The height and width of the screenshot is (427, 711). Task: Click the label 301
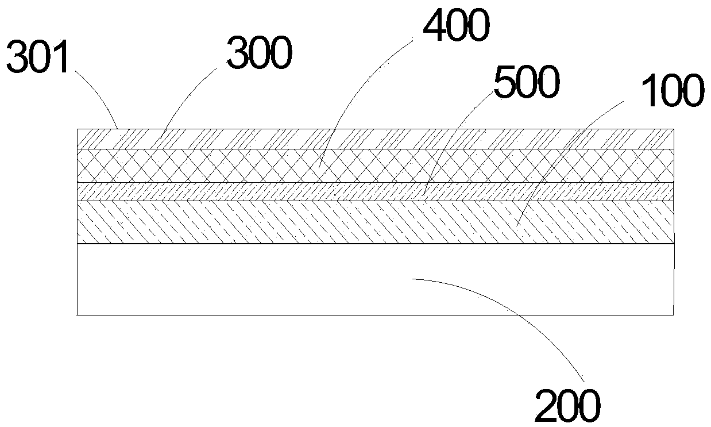37,57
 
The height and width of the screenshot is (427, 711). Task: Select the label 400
456,27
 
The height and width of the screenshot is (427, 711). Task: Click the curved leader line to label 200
517,310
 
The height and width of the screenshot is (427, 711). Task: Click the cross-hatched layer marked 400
230,166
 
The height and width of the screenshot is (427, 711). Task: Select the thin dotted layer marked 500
230,191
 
